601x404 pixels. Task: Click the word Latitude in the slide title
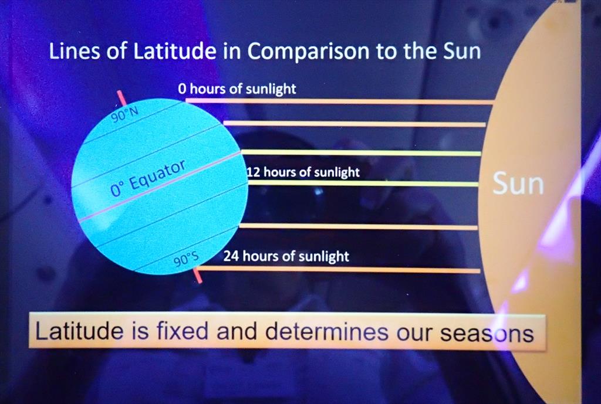click(x=174, y=51)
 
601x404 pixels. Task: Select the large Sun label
click(x=518, y=184)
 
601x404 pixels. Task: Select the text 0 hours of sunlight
click(x=237, y=89)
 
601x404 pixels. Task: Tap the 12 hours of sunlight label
click(x=303, y=172)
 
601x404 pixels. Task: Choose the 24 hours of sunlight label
click(x=286, y=256)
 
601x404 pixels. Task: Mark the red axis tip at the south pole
click(x=197, y=276)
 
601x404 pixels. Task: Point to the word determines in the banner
click(x=327, y=331)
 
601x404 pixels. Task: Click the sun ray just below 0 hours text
click(x=340, y=101)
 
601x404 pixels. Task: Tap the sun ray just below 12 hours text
click(x=363, y=184)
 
